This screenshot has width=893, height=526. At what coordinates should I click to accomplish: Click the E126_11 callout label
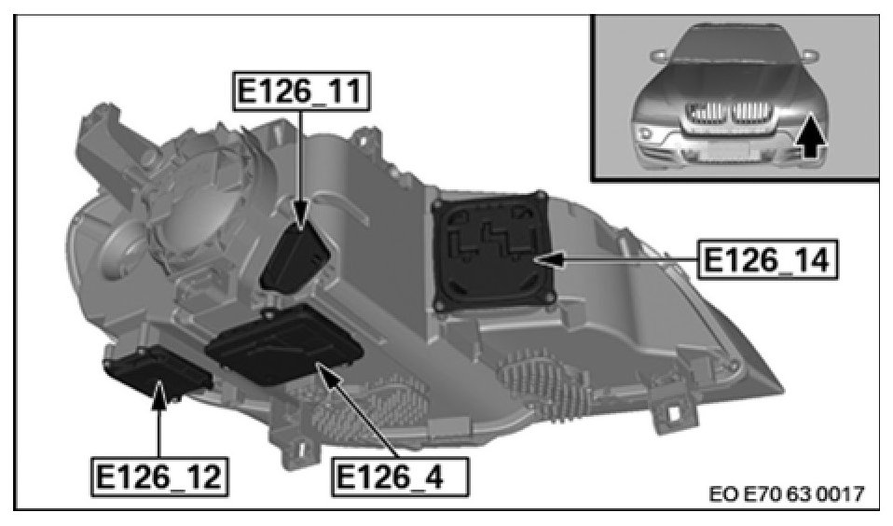[301, 90]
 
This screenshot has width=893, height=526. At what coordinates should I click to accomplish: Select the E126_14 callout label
[768, 259]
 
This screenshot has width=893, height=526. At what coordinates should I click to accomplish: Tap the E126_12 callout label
[159, 476]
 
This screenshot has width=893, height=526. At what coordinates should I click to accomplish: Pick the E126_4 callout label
[400, 476]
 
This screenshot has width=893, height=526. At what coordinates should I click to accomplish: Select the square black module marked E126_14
[492, 251]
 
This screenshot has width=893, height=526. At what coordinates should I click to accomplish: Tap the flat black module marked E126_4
[284, 345]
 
